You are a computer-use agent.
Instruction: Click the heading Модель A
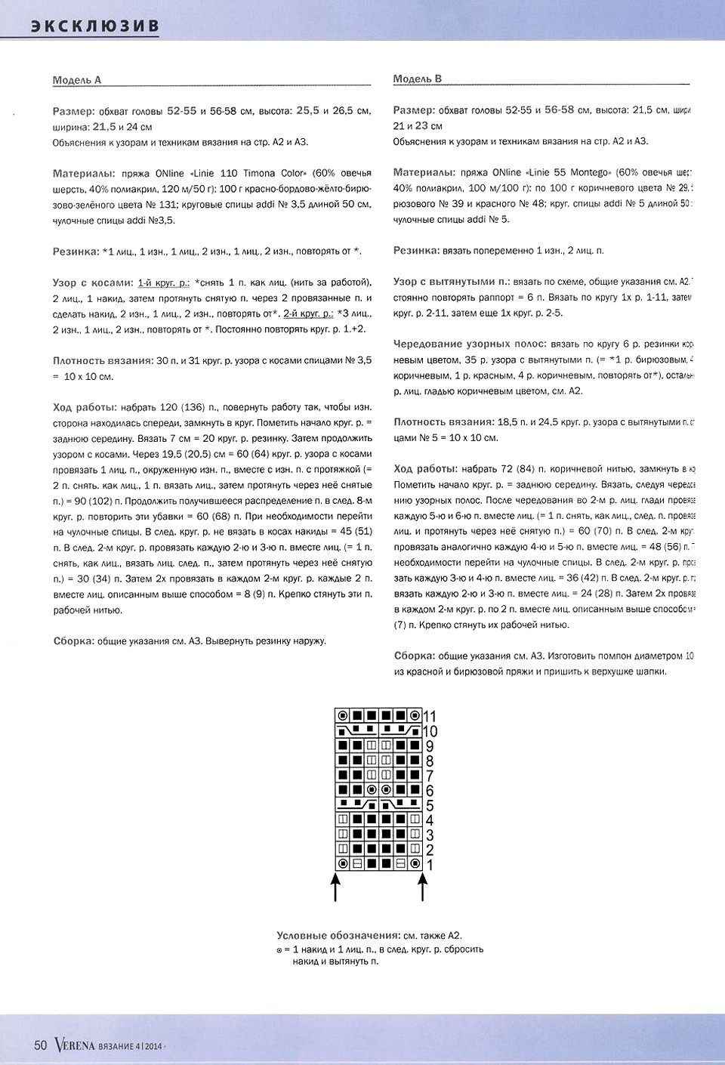[77, 79]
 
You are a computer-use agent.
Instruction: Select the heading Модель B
[418, 79]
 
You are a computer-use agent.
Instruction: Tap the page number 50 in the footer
[41, 1045]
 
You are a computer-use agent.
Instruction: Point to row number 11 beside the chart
[430, 716]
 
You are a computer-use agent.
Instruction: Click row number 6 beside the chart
[429, 791]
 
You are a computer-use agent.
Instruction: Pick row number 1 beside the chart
[430, 865]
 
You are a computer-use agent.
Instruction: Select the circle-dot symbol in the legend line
[279, 950]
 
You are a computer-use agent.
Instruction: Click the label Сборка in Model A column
[73, 641]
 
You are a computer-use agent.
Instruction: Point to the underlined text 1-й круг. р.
[163, 282]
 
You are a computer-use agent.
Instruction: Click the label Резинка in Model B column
[416, 250]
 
